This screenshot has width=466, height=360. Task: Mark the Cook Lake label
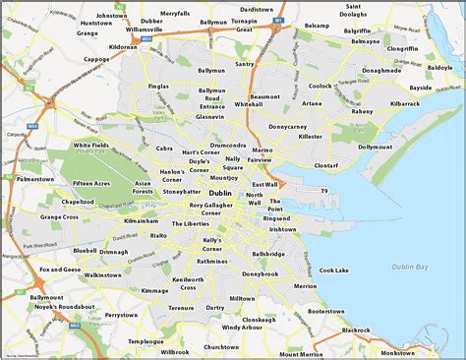334,270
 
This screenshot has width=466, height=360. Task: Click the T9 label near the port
320,191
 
